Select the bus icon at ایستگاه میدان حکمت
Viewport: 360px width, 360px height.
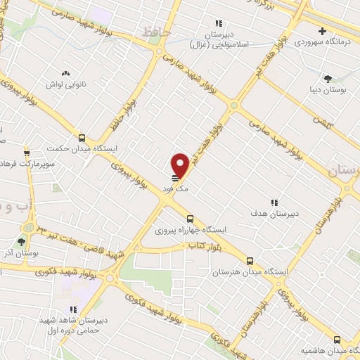[x=82, y=138]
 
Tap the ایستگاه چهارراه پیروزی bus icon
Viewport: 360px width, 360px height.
[x=189, y=219]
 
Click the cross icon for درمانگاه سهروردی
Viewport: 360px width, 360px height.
[x=322, y=31]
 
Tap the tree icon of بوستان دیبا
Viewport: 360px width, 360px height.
[x=328, y=78]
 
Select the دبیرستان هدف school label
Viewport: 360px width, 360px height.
[x=276, y=212]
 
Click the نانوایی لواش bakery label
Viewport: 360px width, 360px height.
[x=67, y=85]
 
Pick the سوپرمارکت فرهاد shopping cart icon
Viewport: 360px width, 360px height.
[x=27, y=152]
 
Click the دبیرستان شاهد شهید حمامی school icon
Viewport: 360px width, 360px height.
[x=72, y=309]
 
